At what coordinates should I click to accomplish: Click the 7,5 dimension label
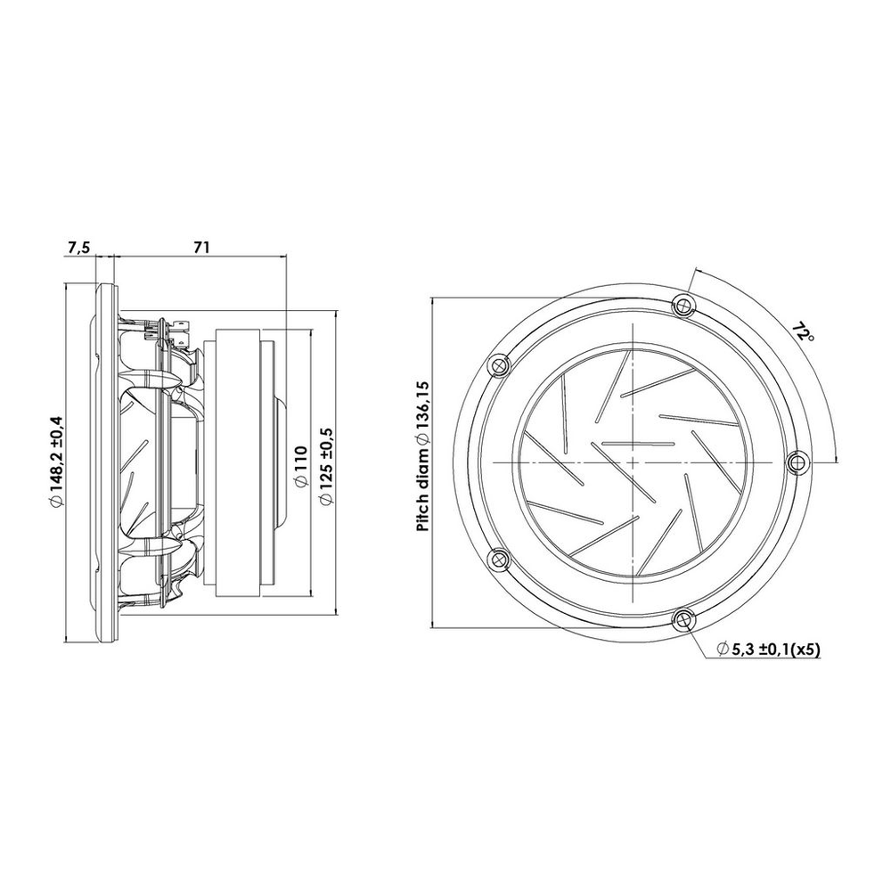click(x=78, y=248)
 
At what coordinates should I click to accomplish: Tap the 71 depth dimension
click(x=201, y=247)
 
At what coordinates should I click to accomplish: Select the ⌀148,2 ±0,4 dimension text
click(x=57, y=461)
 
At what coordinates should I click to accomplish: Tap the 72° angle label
click(x=804, y=331)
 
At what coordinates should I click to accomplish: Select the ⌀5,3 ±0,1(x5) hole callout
click(x=768, y=650)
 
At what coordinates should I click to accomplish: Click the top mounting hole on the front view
click(x=683, y=305)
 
